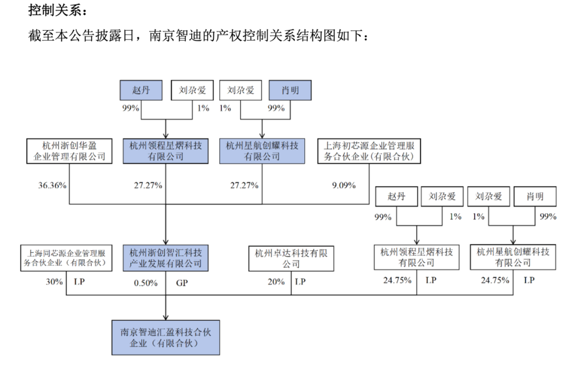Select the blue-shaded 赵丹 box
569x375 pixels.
[x=141, y=90]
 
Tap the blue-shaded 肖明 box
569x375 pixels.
[x=290, y=90]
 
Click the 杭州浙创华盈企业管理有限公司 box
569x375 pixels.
[x=70, y=151]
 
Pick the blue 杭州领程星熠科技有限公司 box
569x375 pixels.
[x=165, y=151]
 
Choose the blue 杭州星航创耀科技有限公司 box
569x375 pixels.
[x=262, y=151]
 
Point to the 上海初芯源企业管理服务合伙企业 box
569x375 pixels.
[x=369, y=151]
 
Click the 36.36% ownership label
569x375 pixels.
[x=52, y=185]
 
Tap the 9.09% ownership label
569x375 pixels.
[x=344, y=185]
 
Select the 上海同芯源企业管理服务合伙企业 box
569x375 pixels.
[x=66, y=258]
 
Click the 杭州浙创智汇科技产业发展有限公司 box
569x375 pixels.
[x=165, y=258]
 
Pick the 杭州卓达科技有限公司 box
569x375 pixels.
[x=291, y=259]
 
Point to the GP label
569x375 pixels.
[x=182, y=283]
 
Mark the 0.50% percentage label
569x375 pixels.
[x=145, y=283]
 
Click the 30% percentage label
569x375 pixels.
[x=54, y=282]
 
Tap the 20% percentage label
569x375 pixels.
[x=276, y=282]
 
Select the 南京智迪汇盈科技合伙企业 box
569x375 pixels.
[x=165, y=337]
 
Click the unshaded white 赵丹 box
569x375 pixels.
[x=396, y=196]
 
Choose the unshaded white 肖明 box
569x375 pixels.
[x=535, y=196]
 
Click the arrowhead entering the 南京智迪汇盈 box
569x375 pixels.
[x=165, y=318]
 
